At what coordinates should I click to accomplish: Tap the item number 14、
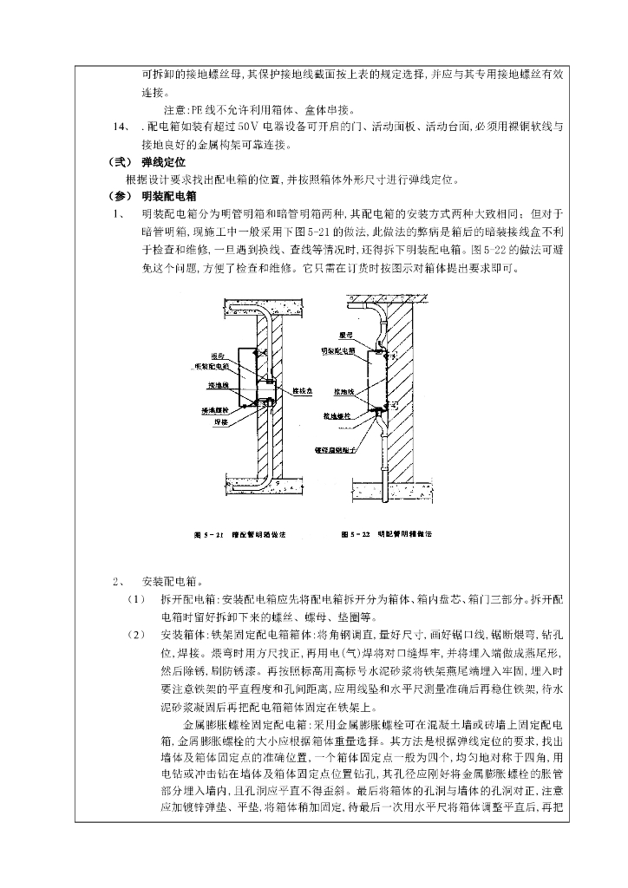pos(122,127)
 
